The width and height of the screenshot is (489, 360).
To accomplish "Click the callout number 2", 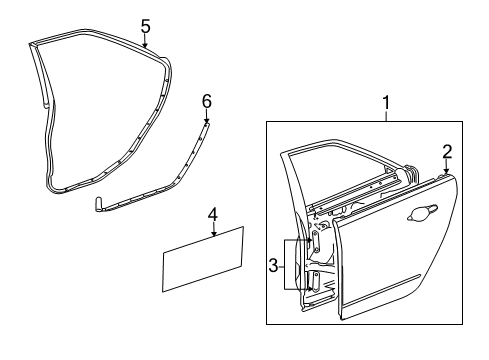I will click(x=446, y=151).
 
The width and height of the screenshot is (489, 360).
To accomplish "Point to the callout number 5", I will click(x=145, y=26).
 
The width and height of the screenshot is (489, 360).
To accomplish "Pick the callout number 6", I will click(x=207, y=100).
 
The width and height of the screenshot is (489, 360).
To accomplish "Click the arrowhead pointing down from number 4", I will click(x=213, y=236).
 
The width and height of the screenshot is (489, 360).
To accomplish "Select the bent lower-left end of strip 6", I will click(x=99, y=204).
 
